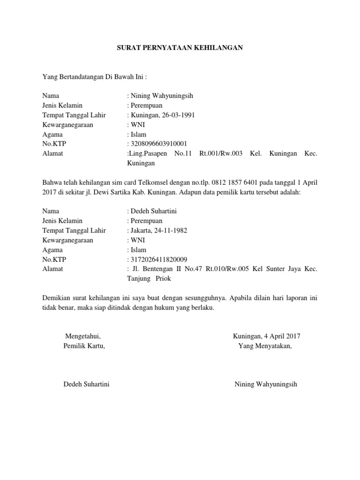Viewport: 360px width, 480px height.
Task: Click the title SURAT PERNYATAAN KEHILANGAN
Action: (x=180, y=48)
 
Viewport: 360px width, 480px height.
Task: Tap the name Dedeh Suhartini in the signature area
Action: (x=86, y=384)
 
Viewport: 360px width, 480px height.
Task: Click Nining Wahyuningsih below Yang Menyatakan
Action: (x=266, y=384)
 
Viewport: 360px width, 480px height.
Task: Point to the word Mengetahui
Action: (x=82, y=336)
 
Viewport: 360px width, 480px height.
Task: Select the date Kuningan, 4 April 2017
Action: (x=267, y=336)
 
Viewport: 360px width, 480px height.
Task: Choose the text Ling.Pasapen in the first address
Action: (x=144, y=153)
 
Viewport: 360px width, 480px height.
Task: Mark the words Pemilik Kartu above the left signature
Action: (x=84, y=346)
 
